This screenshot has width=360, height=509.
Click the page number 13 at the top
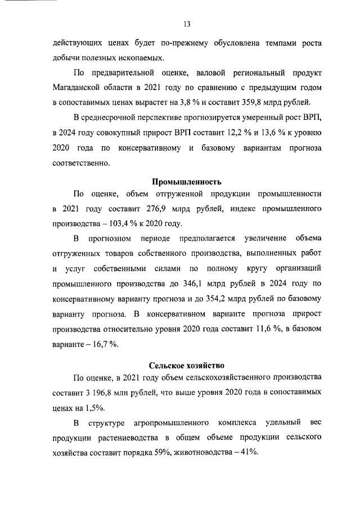(187, 24)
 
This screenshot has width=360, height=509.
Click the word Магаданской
(80, 87)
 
